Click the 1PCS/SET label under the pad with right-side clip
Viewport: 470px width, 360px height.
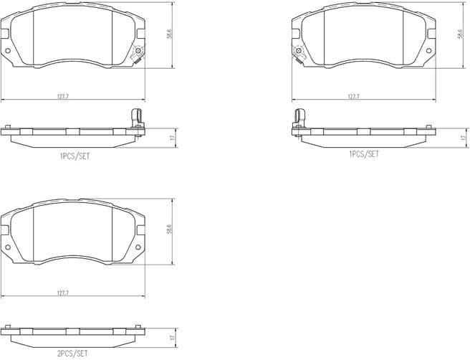pos(75,154)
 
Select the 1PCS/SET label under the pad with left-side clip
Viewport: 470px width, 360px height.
pos(363,154)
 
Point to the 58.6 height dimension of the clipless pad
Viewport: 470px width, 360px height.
pos(169,230)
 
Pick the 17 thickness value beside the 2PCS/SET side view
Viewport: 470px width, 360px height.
pos(172,336)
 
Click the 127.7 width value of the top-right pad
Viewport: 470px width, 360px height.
pos(353,95)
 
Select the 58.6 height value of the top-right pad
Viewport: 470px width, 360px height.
pos(459,34)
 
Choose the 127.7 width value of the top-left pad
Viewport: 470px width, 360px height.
pos(63,95)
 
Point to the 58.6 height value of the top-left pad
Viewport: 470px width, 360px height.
pos(169,34)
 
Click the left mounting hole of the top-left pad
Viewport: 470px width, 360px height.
pos(8,51)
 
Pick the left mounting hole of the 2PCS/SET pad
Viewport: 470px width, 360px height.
pos(8,247)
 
